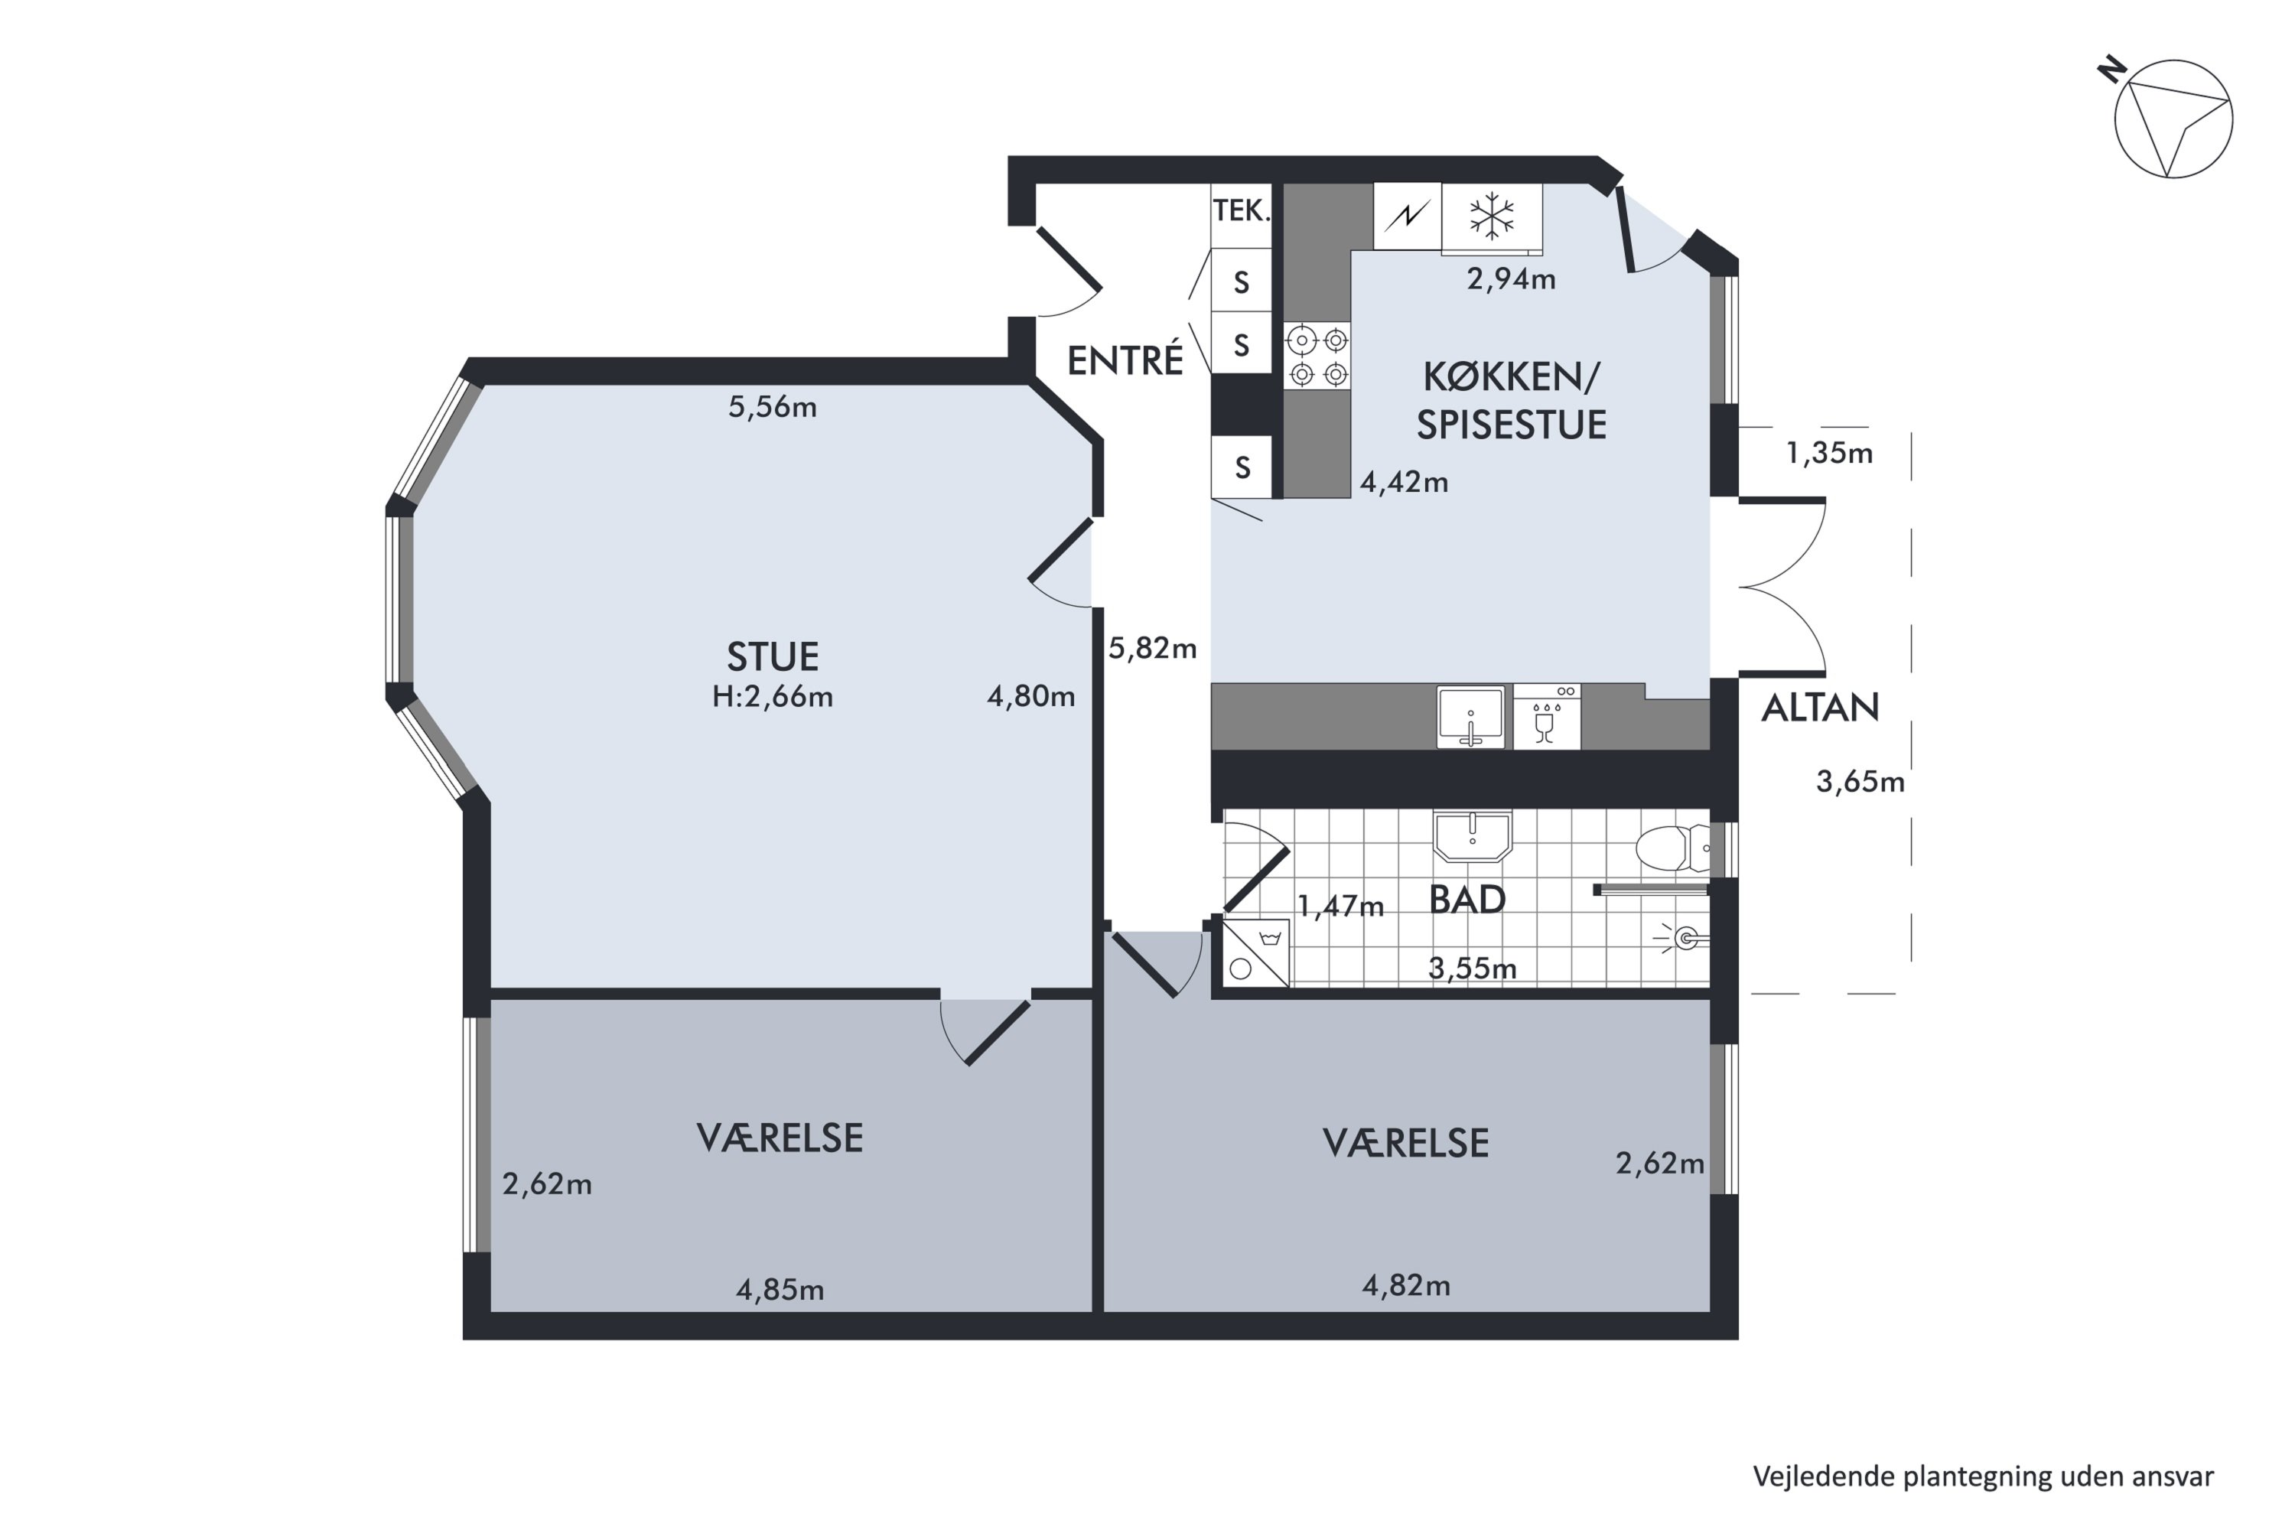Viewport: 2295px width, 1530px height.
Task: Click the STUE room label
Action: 772,656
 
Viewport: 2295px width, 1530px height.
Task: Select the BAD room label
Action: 1467,900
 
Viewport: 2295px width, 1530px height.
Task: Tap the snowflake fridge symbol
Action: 1492,216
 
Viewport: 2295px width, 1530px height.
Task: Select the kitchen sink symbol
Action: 1470,718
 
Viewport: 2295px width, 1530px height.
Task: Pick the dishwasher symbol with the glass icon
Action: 1547,718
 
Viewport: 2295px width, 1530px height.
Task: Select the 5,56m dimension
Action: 772,407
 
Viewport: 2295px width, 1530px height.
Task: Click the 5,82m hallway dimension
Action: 1152,649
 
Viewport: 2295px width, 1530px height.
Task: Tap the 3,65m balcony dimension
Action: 1860,783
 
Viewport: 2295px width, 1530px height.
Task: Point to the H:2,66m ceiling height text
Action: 772,697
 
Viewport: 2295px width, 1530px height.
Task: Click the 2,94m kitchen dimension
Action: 1512,280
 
